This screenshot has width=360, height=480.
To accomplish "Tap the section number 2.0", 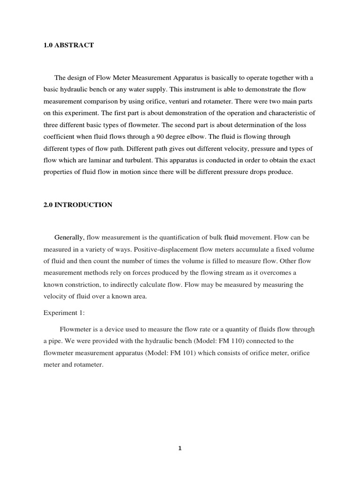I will click(x=48, y=205).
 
